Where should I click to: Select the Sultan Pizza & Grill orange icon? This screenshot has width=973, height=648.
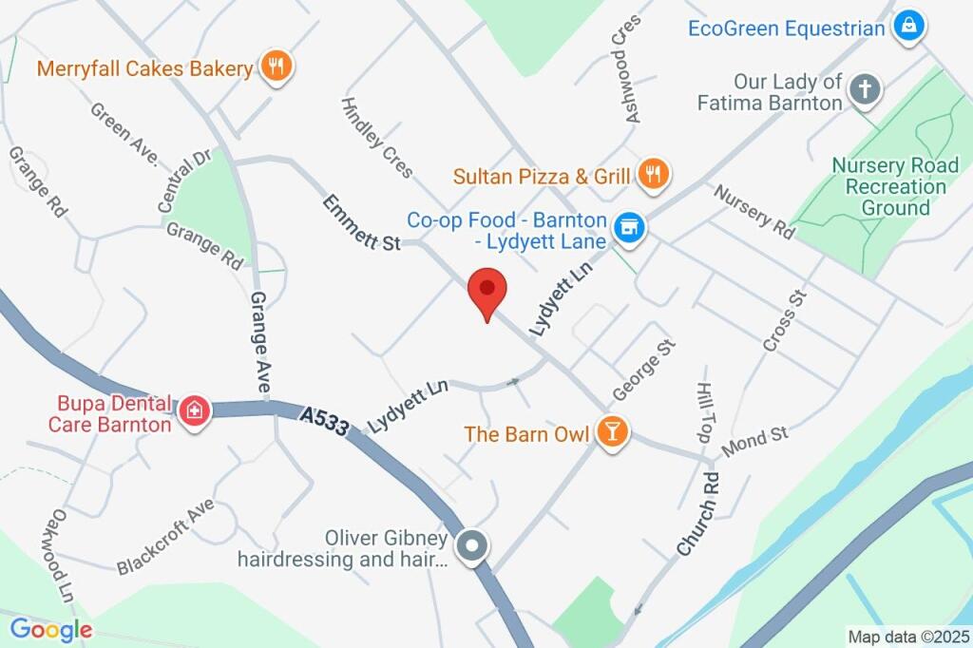(654, 173)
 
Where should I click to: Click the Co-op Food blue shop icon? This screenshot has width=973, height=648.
(628, 227)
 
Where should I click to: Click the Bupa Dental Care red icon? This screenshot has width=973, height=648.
(195, 410)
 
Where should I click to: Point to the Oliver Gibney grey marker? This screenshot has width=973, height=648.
(471, 546)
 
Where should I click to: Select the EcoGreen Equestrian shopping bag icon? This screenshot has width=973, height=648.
(909, 27)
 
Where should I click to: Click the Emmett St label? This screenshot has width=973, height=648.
(361, 223)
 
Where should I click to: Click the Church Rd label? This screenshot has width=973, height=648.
(699, 512)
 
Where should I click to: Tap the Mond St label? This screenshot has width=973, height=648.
(754, 441)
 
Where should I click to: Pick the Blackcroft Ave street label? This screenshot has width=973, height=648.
(165, 538)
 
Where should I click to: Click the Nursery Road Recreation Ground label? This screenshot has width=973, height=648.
(895, 186)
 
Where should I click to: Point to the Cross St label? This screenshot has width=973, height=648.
(784, 320)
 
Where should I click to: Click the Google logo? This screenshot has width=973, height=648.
(50, 629)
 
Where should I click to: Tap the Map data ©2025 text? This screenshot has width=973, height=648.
(908, 637)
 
